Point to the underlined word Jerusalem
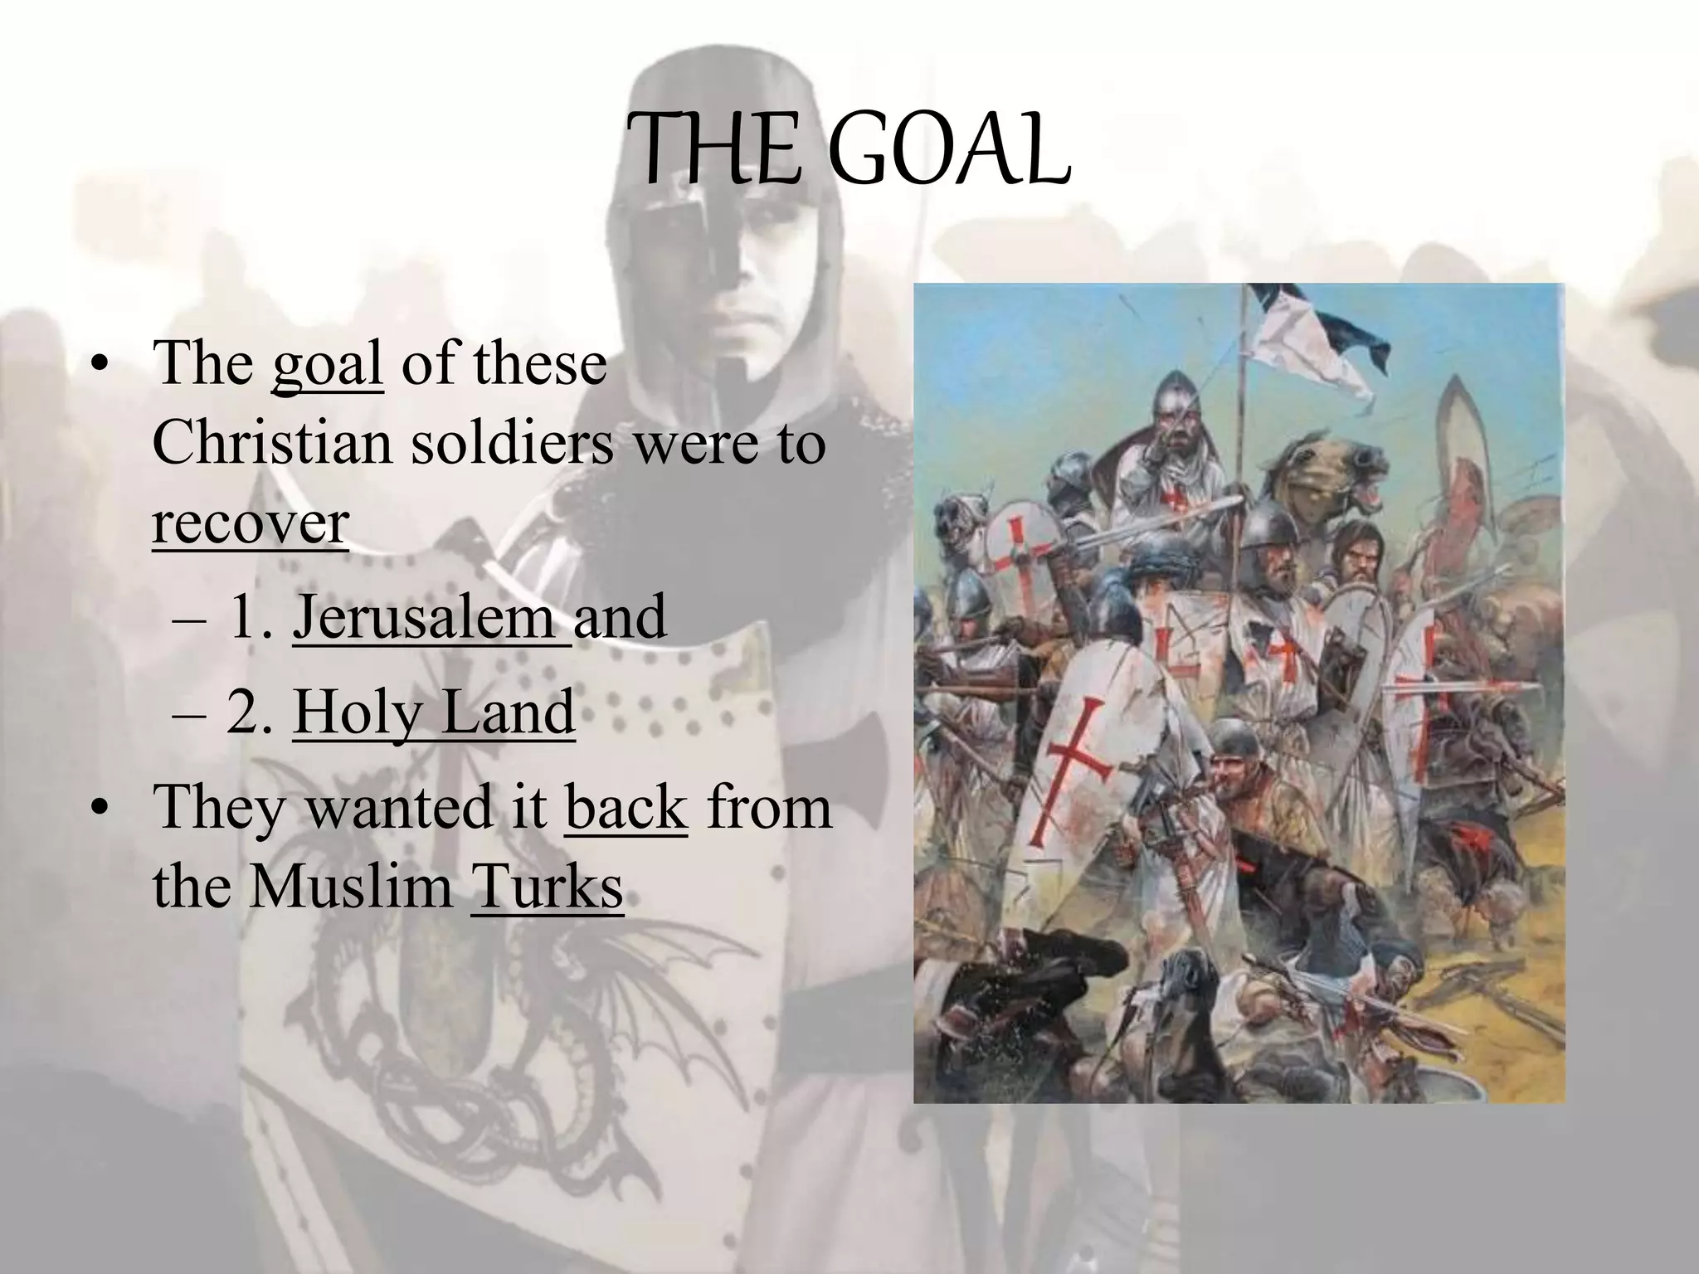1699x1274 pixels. pyautogui.click(x=424, y=617)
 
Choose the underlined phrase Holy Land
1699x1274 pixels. pyautogui.click(x=433, y=712)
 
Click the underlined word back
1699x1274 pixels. pyautogui.click(x=626, y=807)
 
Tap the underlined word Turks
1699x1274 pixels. pyautogui.click(x=547, y=887)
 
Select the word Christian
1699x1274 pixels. pyautogui.click(x=271, y=443)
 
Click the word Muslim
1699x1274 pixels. pyautogui.click(x=350, y=887)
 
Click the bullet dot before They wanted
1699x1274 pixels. pyautogui.click(x=100, y=809)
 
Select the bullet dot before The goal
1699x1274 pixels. pyautogui.click(x=100, y=365)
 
